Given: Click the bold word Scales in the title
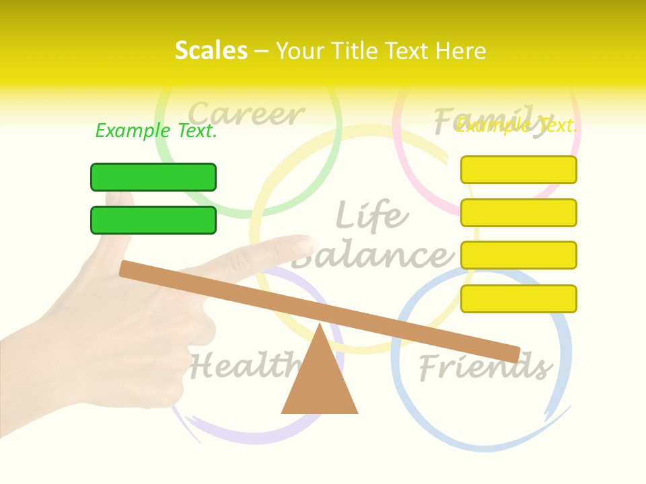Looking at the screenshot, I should [x=211, y=50].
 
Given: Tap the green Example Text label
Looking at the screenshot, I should [x=156, y=130].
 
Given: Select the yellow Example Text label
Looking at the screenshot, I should [x=516, y=125].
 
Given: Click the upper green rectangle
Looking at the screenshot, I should [x=153, y=177].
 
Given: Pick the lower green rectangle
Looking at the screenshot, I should [x=153, y=220].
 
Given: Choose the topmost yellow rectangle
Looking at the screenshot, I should [x=519, y=169].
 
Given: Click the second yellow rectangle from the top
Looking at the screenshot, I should [x=519, y=212].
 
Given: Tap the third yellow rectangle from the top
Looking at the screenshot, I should [x=519, y=255].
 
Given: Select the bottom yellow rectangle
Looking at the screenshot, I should [x=519, y=298].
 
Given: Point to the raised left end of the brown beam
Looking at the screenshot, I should [x=128, y=269].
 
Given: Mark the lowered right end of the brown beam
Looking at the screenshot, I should [x=511, y=354].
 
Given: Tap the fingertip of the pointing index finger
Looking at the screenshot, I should [x=306, y=243].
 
